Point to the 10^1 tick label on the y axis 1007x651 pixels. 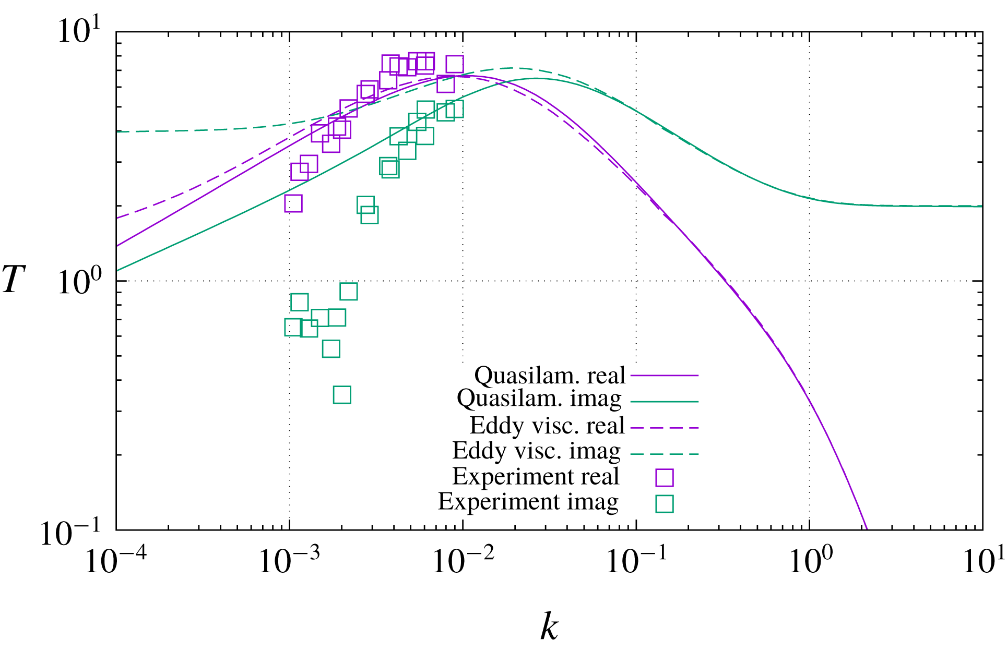tap(79, 31)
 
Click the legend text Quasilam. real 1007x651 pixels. tap(549, 375)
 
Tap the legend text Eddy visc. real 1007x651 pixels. tap(547, 425)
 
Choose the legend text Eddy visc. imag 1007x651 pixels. tap(536, 450)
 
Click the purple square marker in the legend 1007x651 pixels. tap(665, 477)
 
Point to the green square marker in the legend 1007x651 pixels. tap(665, 503)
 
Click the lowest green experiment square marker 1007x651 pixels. tap(342, 395)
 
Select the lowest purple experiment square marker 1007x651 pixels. tap(293, 203)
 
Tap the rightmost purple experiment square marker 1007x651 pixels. tap(455, 64)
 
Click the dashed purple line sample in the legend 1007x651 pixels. tap(665, 428)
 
